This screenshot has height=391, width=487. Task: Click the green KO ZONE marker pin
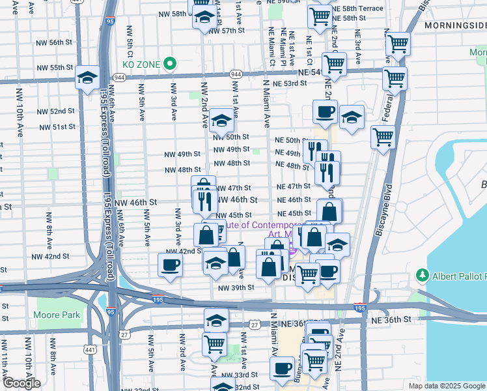170,63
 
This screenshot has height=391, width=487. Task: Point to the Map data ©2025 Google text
446,386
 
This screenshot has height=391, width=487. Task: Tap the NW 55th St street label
55,68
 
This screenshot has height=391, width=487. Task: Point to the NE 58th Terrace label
357,8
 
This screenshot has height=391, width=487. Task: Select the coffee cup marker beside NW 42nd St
171,265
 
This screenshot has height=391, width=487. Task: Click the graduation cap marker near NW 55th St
87,78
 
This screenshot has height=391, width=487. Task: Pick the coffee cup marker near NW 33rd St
283,368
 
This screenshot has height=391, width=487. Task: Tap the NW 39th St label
236,287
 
